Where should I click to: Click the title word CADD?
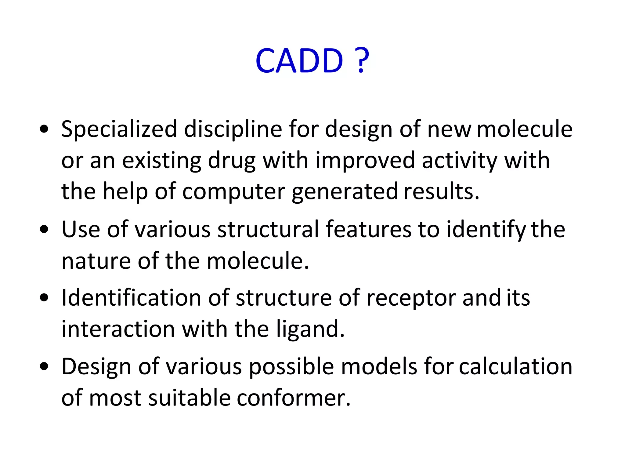[x=299, y=61]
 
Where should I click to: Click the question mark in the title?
[x=362, y=61]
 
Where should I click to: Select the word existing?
[x=161, y=161]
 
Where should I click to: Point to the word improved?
[x=365, y=161]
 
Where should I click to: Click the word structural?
[x=268, y=230]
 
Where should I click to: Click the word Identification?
[x=131, y=298]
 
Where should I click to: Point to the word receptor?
[x=411, y=298]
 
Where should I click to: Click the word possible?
[x=291, y=367]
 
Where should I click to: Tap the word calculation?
[x=515, y=367]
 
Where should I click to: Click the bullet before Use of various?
[x=44, y=230]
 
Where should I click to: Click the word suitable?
[x=189, y=398]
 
